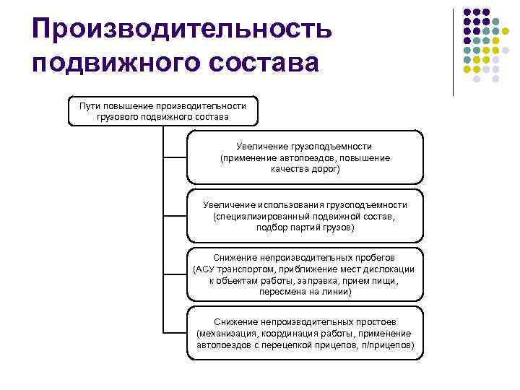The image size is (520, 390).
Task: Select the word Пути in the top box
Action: tap(90, 105)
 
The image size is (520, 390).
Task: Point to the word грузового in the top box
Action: tap(116, 116)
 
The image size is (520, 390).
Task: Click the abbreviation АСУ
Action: tap(204, 269)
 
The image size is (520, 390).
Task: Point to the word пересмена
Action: tap(280, 292)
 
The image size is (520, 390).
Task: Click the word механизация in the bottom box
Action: tap(226, 333)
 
